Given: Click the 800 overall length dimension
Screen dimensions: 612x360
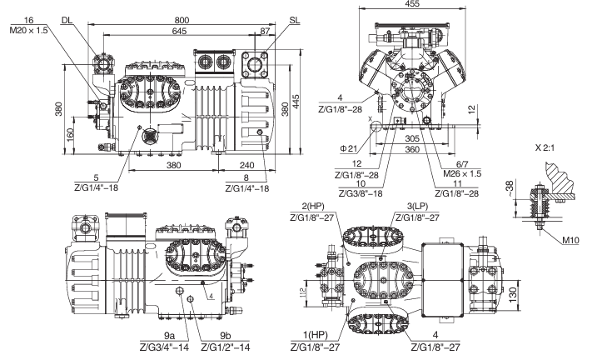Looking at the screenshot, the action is (182, 20).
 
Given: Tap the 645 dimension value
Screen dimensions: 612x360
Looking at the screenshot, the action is (180, 31).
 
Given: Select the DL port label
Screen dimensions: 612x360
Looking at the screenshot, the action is (67, 20).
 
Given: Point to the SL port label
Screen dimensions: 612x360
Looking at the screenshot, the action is (295, 20).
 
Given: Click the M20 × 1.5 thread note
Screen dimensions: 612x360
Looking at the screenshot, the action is (29, 30).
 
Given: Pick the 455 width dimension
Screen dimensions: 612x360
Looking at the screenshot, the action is (412, 4).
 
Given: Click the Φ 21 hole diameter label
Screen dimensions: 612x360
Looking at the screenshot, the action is (349, 148).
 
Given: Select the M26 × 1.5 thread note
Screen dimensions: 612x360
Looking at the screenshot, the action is (462, 173).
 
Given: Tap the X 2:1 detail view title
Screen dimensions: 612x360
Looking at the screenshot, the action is (545, 148).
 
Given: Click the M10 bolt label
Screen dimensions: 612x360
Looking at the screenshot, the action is (570, 241).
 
